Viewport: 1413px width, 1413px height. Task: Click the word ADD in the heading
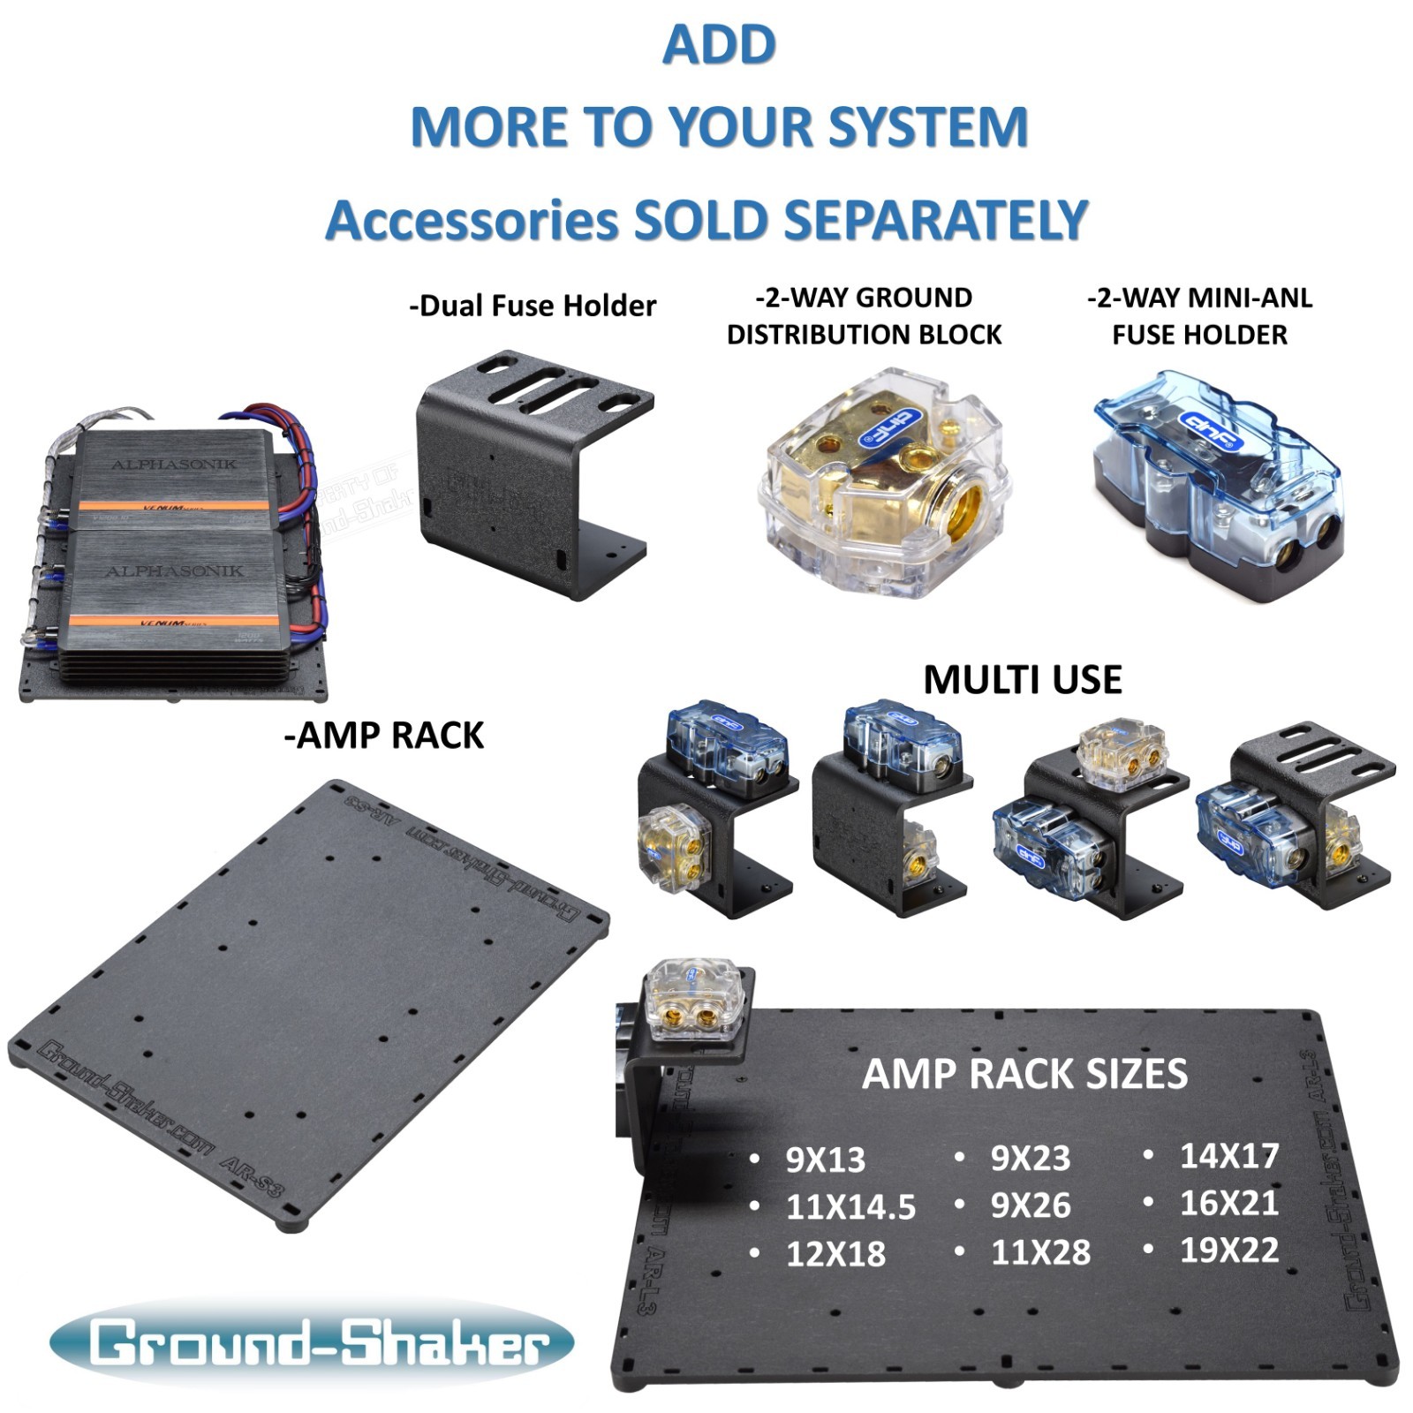[719, 45]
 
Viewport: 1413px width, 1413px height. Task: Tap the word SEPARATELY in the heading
[936, 220]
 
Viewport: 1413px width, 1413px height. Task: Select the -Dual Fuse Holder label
[533, 306]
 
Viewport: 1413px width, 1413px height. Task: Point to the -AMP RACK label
[384, 735]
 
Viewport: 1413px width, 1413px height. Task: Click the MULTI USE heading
[1023, 679]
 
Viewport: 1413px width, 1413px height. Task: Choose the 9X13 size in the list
[825, 1160]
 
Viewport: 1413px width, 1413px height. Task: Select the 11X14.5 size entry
[850, 1206]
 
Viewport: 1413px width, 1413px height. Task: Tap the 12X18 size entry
[835, 1254]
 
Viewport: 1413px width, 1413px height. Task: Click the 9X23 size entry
[1030, 1158]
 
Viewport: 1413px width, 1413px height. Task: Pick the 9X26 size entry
[1030, 1205]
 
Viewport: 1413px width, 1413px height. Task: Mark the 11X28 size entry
[1040, 1252]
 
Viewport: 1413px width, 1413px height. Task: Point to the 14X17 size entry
[1229, 1155]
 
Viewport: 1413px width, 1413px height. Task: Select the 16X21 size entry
[1229, 1203]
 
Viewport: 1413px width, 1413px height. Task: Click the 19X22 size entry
[1229, 1250]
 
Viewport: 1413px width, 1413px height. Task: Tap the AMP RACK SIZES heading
[1024, 1074]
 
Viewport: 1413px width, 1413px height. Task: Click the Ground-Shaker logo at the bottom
[311, 1342]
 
